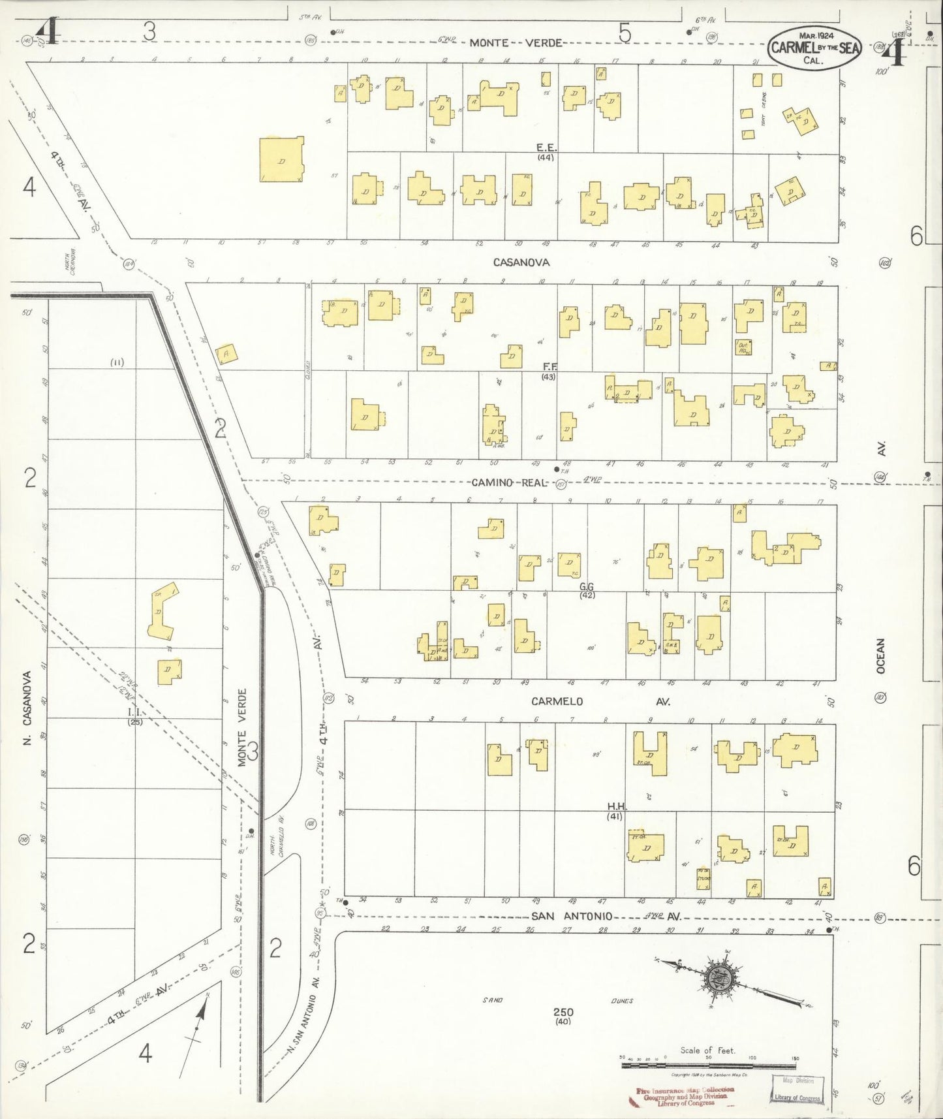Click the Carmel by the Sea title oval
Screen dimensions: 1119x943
[x=814, y=48]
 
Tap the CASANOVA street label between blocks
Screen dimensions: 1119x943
[x=521, y=262]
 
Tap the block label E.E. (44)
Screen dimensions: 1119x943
[x=546, y=152]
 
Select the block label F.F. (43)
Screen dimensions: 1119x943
[x=548, y=372]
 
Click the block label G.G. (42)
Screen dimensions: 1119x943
[x=587, y=591]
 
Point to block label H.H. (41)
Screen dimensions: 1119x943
[x=614, y=812]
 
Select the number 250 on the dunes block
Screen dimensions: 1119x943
[x=563, y=1013]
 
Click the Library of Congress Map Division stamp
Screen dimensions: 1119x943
[x=797, y=1090]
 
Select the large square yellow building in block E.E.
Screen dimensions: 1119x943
[x=281, y=159]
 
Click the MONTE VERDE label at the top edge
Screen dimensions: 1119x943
[x=516, y=42]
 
